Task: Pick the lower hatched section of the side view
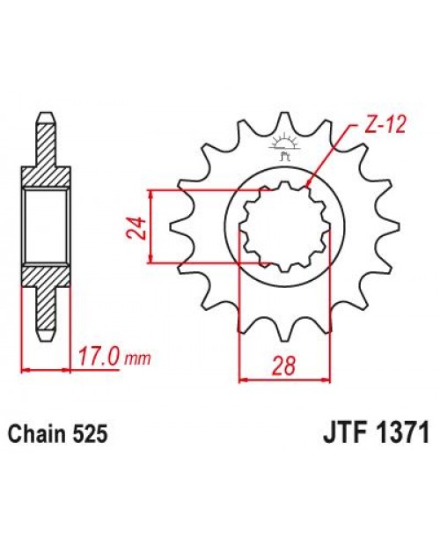[x=45, y=295]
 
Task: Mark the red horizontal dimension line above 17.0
[x=45, y=369]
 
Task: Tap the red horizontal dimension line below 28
[x=283, y=379]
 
